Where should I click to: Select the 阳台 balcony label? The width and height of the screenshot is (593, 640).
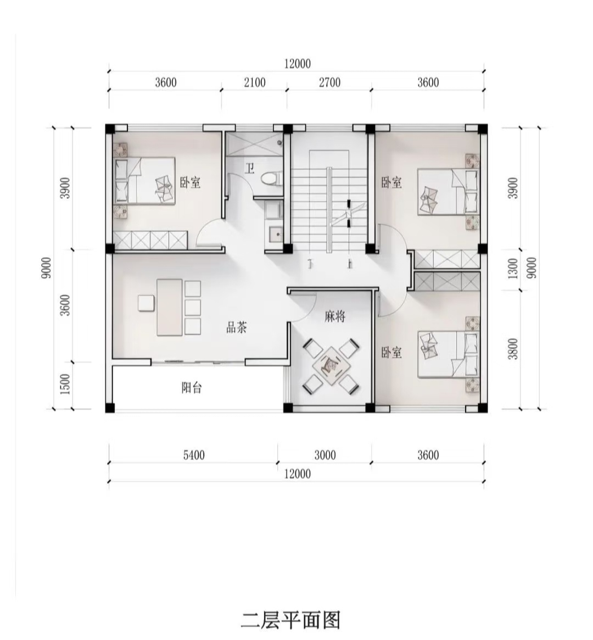click(192, 387)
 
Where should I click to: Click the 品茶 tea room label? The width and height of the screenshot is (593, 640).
click(237, 327)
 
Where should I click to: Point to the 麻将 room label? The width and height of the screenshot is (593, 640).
click(335, 316)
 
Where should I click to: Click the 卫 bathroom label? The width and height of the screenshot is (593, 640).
click(250, 168)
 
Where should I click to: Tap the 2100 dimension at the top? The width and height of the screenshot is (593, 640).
click(254, 82)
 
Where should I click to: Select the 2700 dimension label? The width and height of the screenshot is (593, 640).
click(329, 82)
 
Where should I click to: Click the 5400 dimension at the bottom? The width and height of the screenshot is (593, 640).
click(194, 455)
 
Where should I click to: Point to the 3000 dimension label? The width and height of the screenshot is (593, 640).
click(325, 455)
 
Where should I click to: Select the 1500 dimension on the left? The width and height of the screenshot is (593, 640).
click(65, 384)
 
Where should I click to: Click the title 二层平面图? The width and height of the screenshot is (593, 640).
click(290, 620)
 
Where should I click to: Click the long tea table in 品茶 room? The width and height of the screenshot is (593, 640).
click(170, 307)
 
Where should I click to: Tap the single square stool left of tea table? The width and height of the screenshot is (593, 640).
click(146, 303)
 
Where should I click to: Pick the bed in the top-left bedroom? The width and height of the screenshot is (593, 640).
click(144, 181)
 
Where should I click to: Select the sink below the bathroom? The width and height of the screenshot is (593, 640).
click(273, 235)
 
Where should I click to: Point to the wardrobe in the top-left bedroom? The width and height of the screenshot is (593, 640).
click(150, 240)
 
